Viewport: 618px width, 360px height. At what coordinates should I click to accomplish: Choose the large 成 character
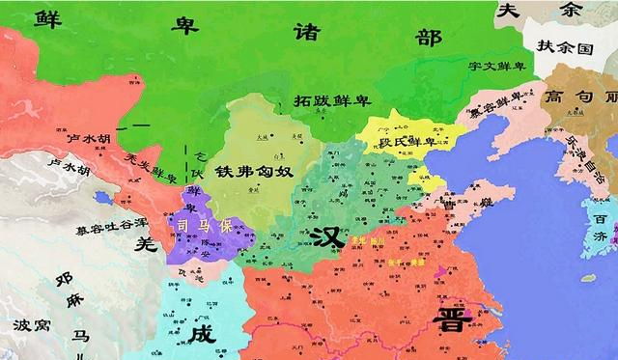[202, 334]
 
